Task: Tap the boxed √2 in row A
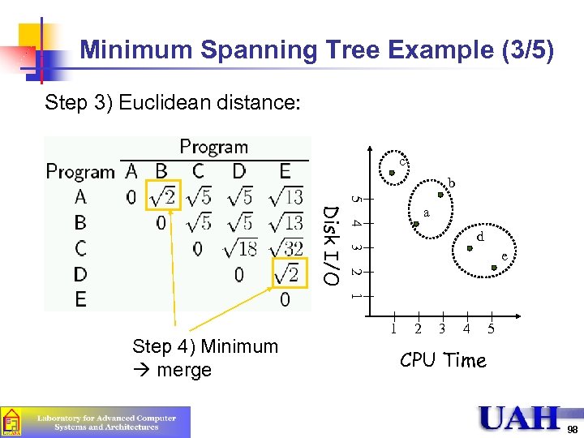161,196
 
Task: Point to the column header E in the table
285,171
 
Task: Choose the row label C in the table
80,248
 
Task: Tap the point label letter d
480,238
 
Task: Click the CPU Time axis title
443,360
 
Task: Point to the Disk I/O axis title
331,245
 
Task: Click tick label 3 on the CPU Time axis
442,328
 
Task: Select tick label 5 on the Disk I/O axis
355,198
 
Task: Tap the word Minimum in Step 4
240,346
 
